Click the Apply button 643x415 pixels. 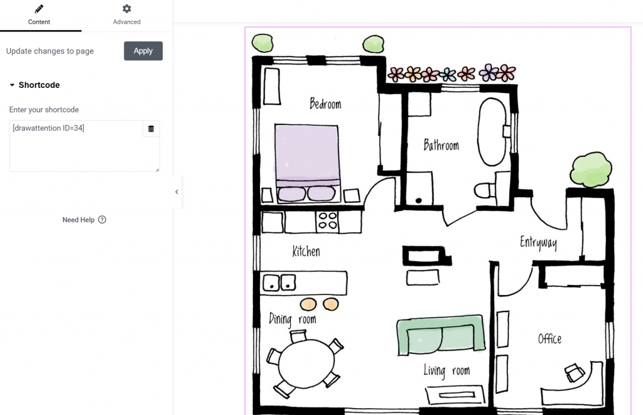[x=143, y=51]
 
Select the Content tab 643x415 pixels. [x=39, y=15]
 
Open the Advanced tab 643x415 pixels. [x=127, y=15]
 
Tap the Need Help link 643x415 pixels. [x=84, y=220]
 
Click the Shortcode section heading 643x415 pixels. [x=39, y=85]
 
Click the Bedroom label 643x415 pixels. [x=325, y=104]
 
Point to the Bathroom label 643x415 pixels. [x=441, y=146]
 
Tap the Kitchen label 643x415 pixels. [x=306, y=252]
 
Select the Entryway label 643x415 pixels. [x=538, y=243]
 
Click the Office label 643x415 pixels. [x=549, y=339]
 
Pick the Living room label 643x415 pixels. [x=446, y=371]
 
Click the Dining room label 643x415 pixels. [x=292, y=320]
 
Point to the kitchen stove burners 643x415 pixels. [x=328, y=220]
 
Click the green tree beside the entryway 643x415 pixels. [x=590, y=168]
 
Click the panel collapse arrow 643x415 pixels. [x=176, y=192]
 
